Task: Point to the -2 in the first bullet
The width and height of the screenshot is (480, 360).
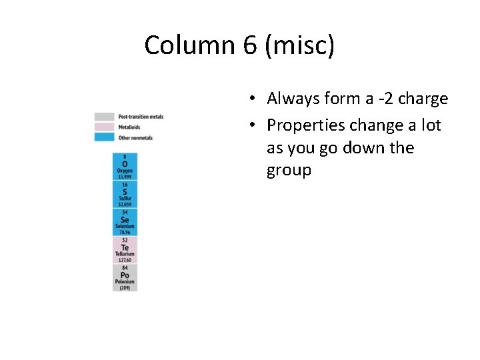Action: click(387, 99)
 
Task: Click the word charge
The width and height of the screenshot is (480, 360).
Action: click(424, 99)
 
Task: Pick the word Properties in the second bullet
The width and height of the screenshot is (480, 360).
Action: click(306, 125)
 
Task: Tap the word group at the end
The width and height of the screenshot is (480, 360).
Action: click(289, 171)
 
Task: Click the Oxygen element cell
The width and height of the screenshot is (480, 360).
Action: click(125, 167)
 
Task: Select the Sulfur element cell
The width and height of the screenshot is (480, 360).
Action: click(125, 194)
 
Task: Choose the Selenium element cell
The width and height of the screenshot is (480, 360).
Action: click(125, 222)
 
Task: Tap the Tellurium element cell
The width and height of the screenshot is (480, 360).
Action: click(125, 249)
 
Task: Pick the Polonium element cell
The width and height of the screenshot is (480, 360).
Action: click(125, 277)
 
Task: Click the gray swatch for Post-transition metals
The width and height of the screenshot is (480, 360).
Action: click(104, 117)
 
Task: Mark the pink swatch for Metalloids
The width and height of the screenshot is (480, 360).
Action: click(104, 127)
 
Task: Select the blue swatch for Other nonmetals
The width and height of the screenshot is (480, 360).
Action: click(104, 137)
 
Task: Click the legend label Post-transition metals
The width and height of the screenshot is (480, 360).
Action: click(141, 117)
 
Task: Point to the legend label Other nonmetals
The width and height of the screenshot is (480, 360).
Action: click(135, 138)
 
